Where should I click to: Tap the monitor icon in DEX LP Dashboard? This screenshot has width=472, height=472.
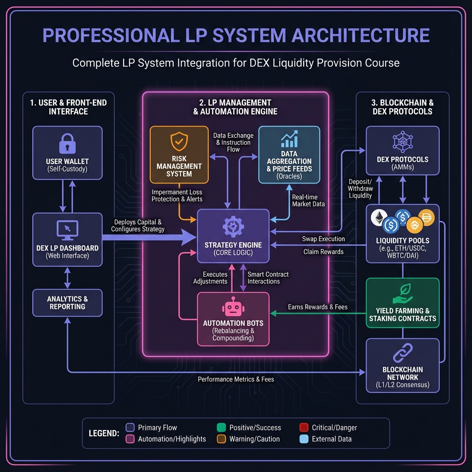coord(67,229)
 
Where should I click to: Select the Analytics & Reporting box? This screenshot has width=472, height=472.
coord(67,303)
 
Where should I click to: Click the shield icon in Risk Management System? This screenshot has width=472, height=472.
coord(179,142)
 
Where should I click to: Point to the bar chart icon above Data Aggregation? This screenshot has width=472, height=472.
coord(289,138)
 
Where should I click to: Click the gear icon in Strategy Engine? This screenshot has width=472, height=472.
coord(233,227)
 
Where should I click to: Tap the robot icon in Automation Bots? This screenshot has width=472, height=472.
coord(233,307)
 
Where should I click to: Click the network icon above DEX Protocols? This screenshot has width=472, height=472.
coord(402,142)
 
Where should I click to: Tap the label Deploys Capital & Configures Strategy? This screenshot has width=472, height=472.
coord(137,225)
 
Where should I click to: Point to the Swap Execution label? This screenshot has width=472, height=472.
coord(323,239)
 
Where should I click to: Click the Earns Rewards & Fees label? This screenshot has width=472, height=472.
coord(318,307)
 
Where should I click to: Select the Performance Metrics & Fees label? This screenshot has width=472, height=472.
coord(236,379)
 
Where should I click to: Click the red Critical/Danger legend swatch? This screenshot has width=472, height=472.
coord(304,427)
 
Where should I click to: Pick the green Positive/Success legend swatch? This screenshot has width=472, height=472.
coord(221,427)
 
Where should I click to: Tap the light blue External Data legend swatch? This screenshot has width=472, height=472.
coord(304,439)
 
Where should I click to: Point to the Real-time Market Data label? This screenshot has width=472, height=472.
coord(308,201)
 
